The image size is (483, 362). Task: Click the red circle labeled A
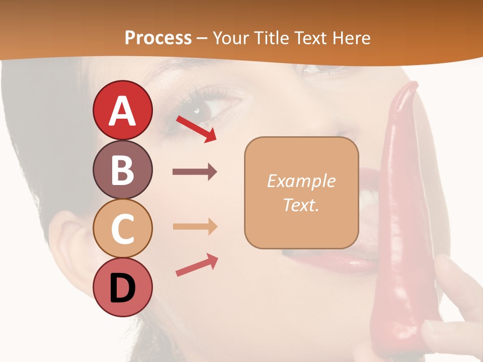122,110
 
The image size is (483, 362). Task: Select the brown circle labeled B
122,169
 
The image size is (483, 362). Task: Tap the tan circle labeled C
122,228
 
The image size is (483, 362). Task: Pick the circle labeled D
122,288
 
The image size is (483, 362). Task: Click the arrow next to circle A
196,129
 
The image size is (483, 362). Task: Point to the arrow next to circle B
195,172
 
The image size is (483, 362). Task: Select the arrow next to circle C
195,226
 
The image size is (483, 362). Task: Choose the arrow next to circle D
197,265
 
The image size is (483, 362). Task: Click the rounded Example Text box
301,193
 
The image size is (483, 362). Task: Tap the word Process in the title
158,38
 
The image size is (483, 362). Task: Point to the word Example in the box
301,181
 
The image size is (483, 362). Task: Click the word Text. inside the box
301,205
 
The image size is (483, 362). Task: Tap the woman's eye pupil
197,110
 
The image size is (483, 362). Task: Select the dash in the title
202,38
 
